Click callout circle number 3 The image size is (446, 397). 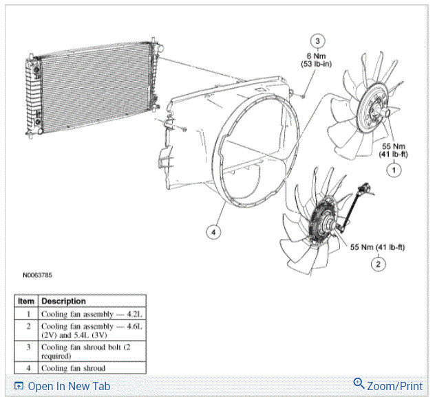tap(317, 41)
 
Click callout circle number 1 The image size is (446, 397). tap(393, 168)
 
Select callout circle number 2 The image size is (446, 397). tap(378, 262)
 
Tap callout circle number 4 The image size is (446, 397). tap(214, 232)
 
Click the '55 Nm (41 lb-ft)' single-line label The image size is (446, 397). tap(378, 246)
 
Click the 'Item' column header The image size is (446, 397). tap(27, 301)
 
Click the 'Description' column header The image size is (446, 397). tap(63, 301)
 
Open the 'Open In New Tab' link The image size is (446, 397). tap(67, 386)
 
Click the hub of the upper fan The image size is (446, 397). tap(377, 109)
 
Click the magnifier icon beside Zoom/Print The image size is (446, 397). tap(359, 385)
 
